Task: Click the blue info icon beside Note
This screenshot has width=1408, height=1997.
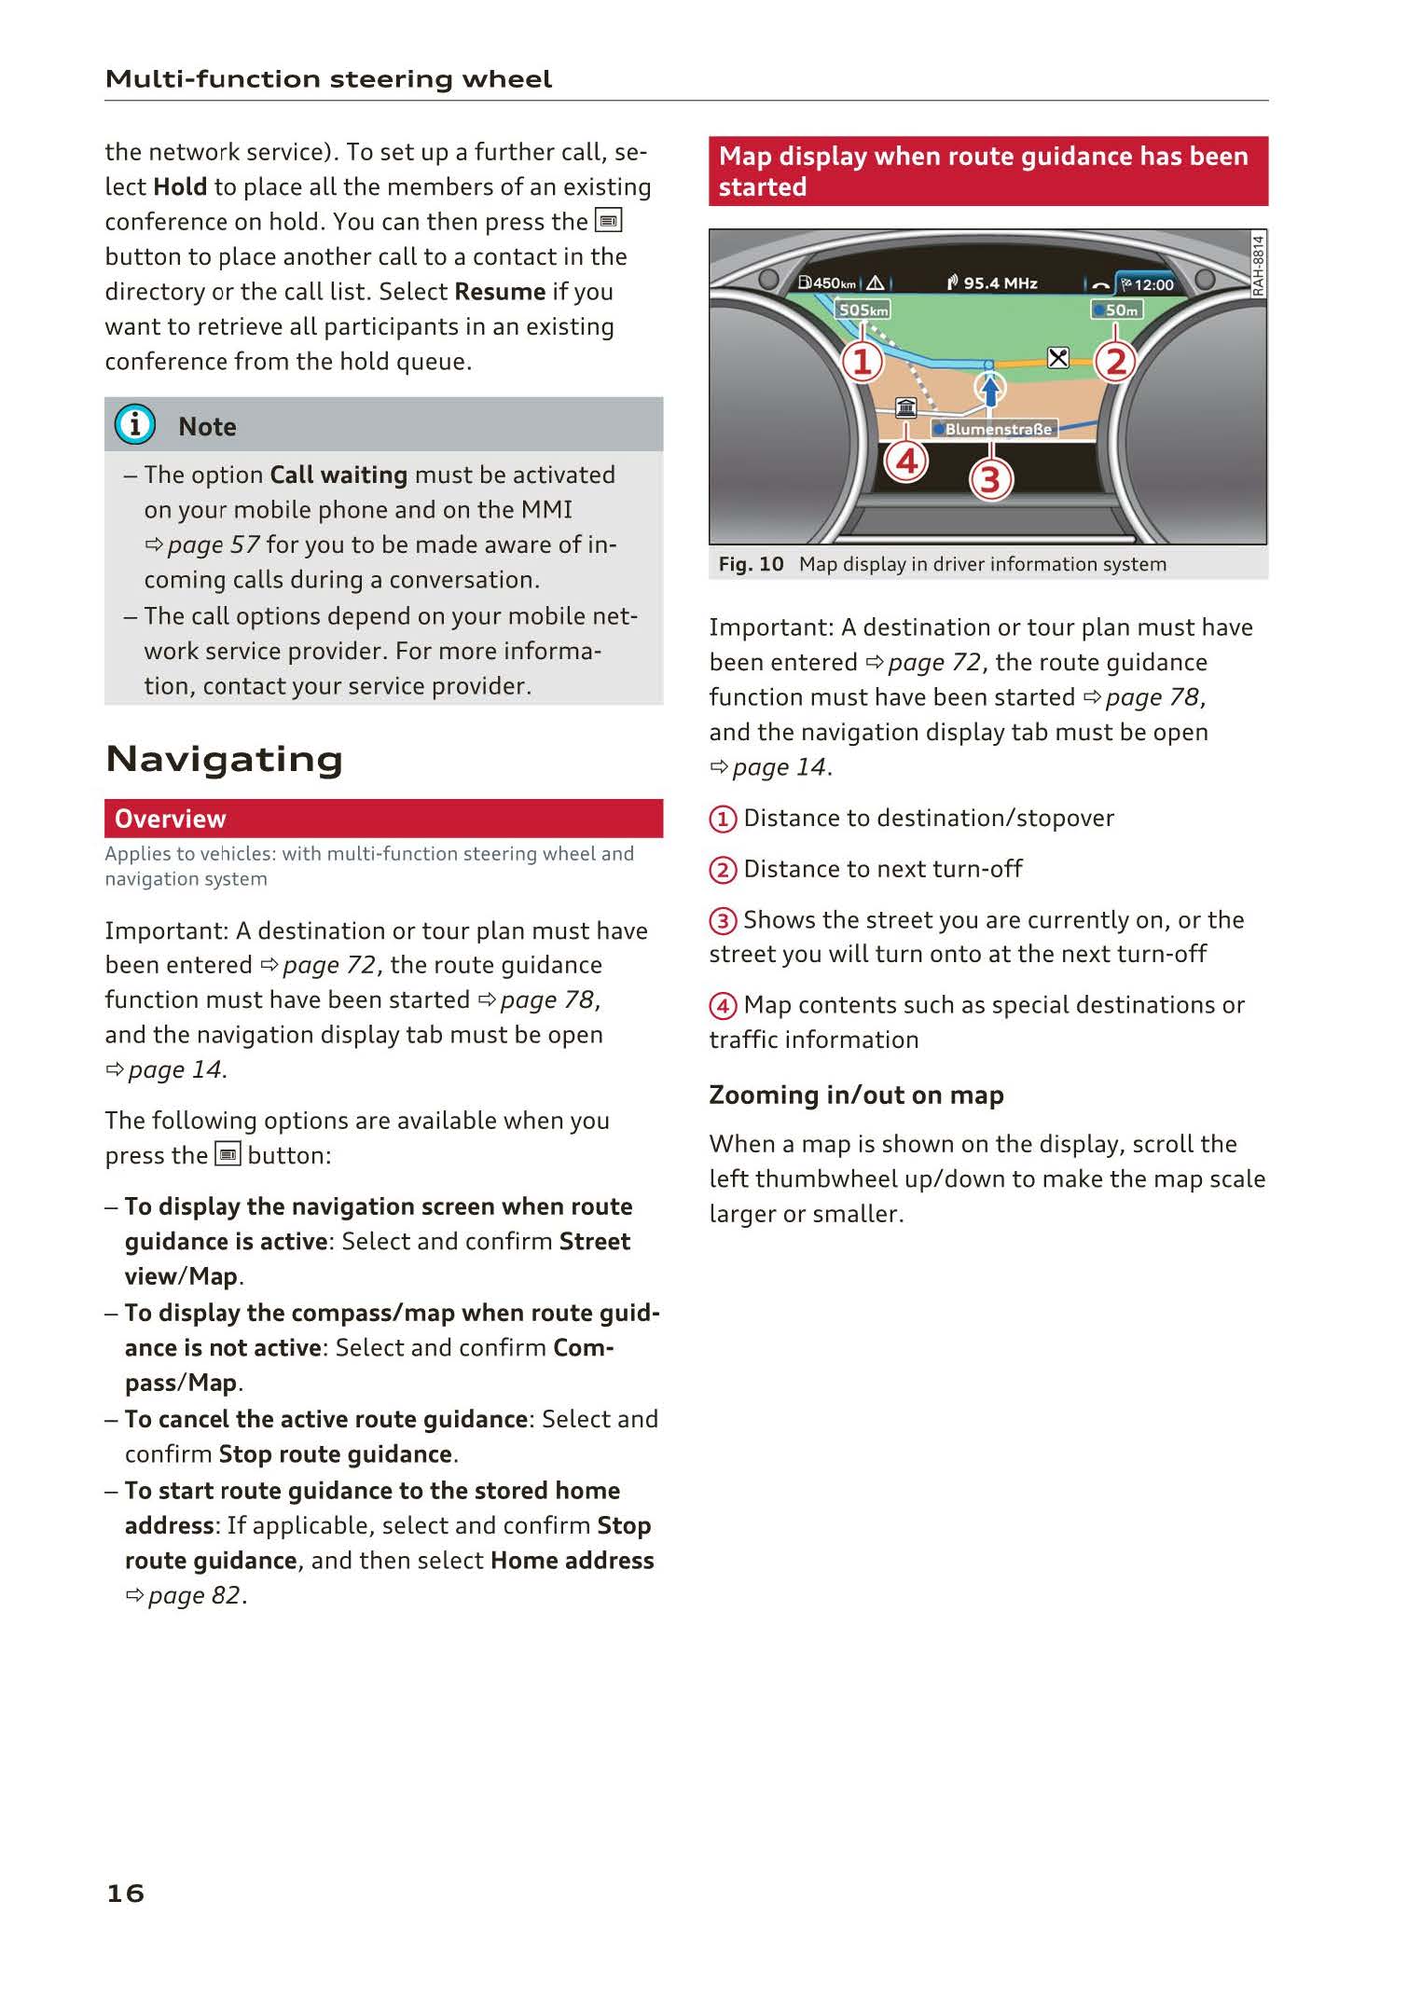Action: [135, 425]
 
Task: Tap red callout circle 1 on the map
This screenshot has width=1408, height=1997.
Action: [863, 362]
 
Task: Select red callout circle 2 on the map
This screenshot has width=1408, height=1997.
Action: [1115, 362]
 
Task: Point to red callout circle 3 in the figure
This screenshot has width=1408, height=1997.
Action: [990, 480]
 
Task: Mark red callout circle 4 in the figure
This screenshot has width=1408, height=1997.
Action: [906, 461]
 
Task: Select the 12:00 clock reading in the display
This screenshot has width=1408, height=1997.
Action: [1153, 285]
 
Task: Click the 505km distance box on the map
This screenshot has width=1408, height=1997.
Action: [863, 310]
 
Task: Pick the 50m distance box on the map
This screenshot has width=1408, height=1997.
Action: [1117, 310]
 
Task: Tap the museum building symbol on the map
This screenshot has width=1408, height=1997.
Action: [905, 407]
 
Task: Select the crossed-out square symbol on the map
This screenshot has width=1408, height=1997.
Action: [1058, 358]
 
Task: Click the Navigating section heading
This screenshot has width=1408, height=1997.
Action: [225, 760]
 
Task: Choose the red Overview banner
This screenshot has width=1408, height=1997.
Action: [383, 819]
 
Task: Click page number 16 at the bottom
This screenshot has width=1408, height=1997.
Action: [126, 1894]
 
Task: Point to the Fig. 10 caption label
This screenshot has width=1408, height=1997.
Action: [751, 564]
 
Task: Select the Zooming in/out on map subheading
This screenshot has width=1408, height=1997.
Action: [856, 1095]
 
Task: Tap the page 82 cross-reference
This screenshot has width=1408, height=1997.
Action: [195, 1595]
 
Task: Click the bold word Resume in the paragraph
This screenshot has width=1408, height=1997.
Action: [500, 292]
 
